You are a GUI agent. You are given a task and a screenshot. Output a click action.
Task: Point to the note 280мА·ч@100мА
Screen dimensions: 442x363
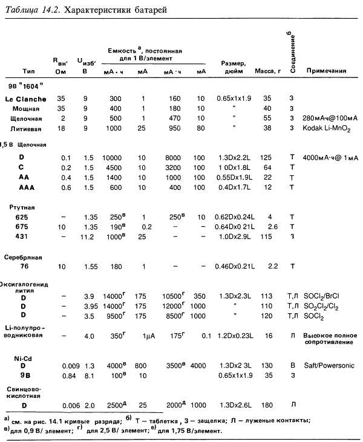(x=331, y=119)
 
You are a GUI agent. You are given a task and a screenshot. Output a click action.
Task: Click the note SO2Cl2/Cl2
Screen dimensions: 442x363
(x=327, y=306)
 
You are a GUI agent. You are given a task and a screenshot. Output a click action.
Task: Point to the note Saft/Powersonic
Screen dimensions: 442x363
(x=330, y=365)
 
